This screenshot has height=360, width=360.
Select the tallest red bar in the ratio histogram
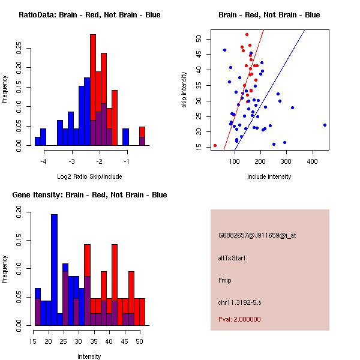(x=93, y=89)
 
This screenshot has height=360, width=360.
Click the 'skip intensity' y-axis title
(x=185, y=90)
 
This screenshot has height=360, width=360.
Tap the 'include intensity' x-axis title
(x=269, y=176)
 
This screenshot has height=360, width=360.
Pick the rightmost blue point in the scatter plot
(x=325, y=125)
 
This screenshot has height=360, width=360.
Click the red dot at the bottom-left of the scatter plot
(x=215, y=145)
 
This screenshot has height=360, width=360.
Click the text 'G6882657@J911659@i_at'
(x=257, y=235)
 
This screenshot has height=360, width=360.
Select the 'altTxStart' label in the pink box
(x=232, y=258)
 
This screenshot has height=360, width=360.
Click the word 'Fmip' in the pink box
(x=224, y=280)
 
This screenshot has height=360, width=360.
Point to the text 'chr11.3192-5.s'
(x=240, y=302)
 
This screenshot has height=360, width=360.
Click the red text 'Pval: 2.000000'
(x=239, y=319)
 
